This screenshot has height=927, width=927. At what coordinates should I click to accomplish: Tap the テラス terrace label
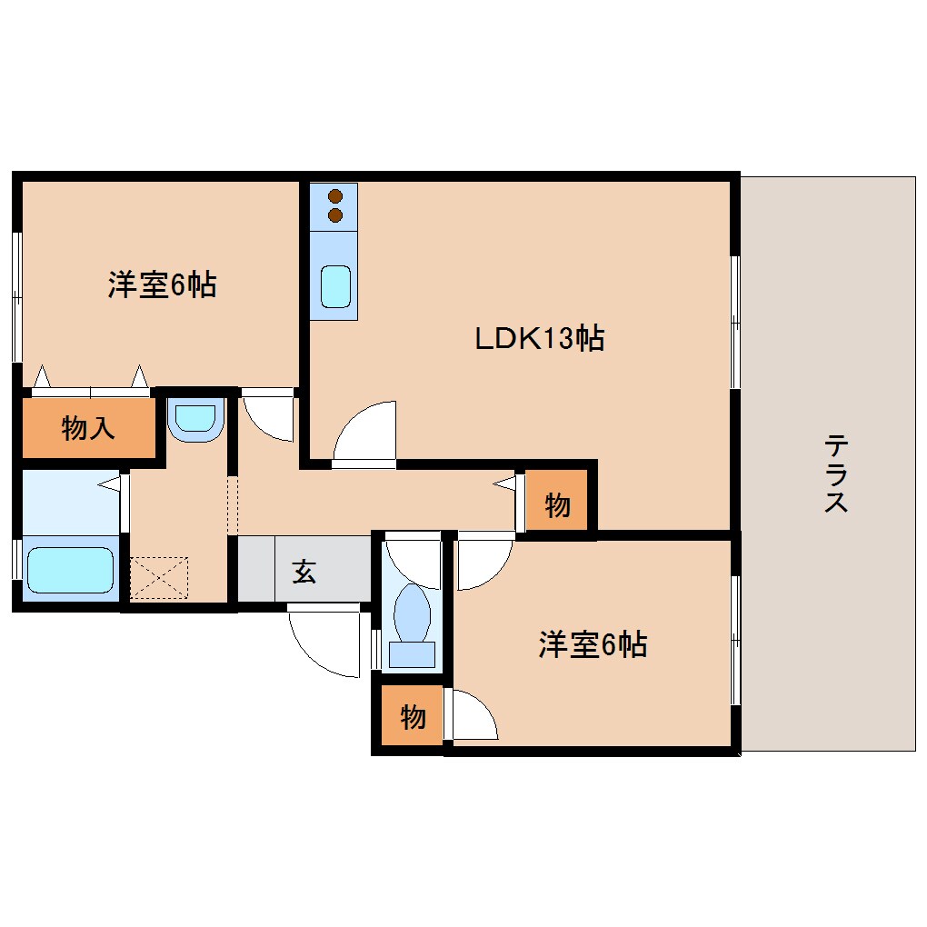click(x=835, y=473)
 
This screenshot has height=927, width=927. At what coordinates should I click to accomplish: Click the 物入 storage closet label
click(x=88, y=427)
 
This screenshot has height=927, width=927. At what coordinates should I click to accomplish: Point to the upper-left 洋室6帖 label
click(x=162, y=285)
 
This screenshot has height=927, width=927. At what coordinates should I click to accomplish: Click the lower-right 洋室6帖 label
click(x=593, y=645)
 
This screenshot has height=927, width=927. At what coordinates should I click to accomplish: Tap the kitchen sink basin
click(x=334, y=287)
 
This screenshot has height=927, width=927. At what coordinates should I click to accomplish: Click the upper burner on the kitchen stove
click(x=335, y=195)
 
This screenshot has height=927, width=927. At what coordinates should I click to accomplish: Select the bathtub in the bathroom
click(x=71, y=570)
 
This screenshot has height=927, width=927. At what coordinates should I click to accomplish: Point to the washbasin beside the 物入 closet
click(x=195, y=419)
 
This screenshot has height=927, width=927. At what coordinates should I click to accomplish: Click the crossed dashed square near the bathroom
click(x=160, y=577)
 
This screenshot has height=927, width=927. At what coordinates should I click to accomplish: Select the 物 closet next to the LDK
click(x=557, y=504)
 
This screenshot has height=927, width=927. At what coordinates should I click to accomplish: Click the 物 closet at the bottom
click(x=413, y=717)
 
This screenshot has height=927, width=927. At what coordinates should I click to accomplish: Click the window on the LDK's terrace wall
click(x=735, y=323)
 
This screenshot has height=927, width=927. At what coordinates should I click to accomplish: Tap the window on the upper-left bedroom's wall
click(x=16, y=296)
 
